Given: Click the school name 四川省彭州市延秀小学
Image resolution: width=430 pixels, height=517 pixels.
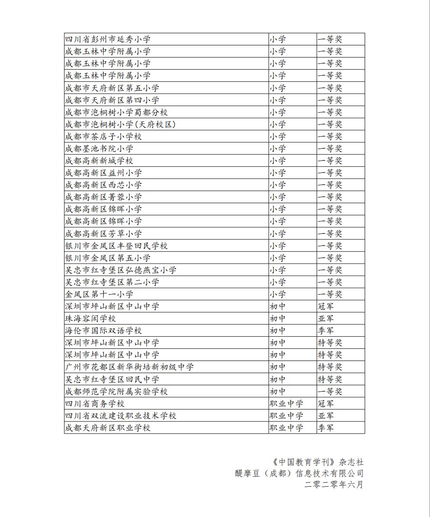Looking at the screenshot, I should point(108,39).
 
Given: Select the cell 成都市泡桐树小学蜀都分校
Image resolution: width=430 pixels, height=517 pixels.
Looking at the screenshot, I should point(116,112).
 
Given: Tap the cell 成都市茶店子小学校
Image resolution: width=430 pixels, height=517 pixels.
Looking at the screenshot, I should point(103,137).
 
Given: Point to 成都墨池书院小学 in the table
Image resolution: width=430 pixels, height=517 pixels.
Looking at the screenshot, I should point(99,149).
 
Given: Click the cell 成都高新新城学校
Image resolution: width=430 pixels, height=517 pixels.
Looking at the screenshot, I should point(99,161).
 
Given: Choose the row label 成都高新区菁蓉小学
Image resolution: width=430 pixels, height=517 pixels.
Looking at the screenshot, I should point(103,197).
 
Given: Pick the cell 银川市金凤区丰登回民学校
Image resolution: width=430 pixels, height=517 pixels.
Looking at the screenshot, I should point(116,246).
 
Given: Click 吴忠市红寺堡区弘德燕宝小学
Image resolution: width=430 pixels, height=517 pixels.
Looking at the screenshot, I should point(121,270).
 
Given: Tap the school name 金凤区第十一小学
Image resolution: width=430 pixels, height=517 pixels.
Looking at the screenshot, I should point(99,294).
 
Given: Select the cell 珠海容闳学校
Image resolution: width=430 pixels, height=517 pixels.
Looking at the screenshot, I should point(90,319).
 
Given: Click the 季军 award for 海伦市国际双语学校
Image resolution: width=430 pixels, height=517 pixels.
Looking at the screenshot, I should point(326,331).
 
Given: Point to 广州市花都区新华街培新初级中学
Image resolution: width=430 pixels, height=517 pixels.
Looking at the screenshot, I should point(129,367).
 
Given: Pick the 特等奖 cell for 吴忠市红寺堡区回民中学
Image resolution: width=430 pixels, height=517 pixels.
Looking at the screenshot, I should point(330,380).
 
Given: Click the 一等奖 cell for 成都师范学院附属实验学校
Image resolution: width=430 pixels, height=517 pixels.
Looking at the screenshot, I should point(330,392).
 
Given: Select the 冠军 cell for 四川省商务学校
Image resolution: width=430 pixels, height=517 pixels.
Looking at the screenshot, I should point(326,404).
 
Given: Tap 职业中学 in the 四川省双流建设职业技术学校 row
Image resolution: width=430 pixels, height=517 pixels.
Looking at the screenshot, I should point(286,416).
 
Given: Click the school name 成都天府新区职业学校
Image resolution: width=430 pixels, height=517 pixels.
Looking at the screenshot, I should point(108,428).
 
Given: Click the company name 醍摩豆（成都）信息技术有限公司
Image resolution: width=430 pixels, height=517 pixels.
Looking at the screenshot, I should point(298,473).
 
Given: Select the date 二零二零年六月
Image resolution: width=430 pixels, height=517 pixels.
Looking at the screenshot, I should point(334,485).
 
